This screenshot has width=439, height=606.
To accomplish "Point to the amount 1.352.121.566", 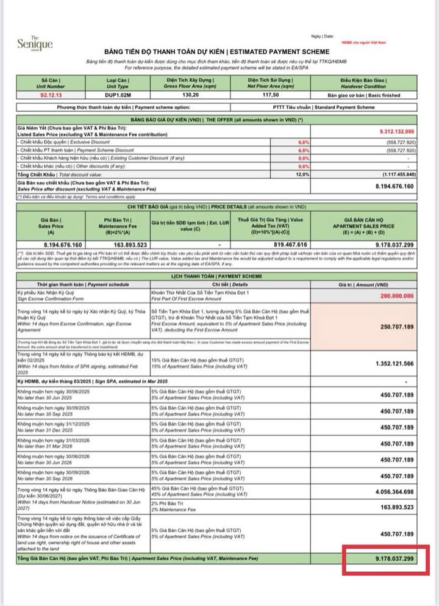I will (x=394, y=363).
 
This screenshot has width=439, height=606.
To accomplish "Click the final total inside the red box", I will (x=387, y=558).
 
